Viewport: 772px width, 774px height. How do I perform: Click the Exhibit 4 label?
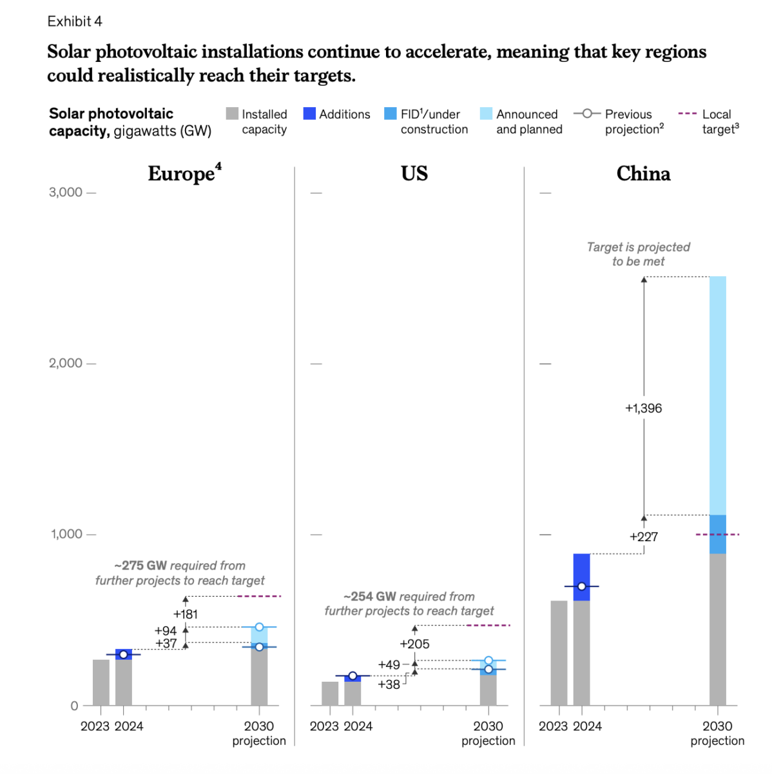point(75,21)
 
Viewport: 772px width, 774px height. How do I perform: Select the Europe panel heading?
point(184,174)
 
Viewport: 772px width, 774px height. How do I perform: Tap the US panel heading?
point(414,174)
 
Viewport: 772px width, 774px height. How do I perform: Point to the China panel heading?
point(643,174)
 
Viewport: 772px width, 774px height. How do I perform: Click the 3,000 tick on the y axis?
point(66,192)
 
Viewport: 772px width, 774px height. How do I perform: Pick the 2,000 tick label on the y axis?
point(66,363)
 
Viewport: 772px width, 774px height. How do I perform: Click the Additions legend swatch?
point(309,114)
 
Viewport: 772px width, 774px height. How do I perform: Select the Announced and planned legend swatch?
point(486,114)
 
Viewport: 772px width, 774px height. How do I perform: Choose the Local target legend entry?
point(708,121)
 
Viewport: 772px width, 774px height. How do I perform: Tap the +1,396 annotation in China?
point(643,408)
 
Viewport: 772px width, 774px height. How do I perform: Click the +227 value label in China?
point(643,537)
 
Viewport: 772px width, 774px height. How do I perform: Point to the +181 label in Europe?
point(186,615)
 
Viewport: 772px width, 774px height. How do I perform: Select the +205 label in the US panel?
point(414,644)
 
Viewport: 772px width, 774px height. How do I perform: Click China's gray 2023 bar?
point(559,653)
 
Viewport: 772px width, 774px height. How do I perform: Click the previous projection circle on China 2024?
point(581,586)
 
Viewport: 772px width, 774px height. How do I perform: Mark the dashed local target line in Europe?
point(259,596)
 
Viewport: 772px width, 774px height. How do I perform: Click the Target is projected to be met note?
point(638,254)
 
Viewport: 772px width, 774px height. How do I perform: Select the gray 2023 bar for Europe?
point(101,682)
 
